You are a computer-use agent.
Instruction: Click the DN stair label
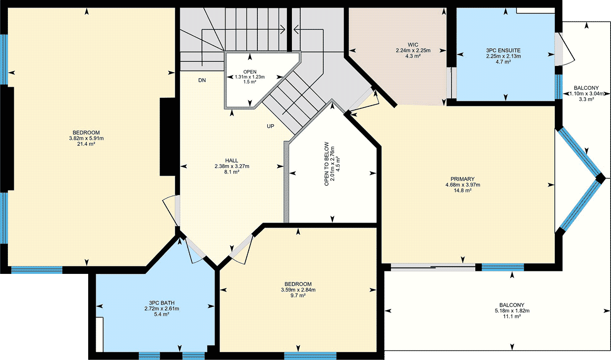[202, 80]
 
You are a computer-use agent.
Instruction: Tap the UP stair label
[270, 126]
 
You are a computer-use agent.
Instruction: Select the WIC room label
[413, 45]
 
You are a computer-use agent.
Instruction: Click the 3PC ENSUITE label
[503, 50]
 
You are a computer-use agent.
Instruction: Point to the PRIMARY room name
[463, 179]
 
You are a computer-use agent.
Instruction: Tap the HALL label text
[231, 160]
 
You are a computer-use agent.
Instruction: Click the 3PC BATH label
[162, 303]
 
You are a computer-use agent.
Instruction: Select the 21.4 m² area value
[86, 144]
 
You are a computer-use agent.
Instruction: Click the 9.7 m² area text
[298, 295]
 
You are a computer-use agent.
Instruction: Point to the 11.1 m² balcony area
[512, 316]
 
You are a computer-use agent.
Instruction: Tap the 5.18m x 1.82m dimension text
[512, 310]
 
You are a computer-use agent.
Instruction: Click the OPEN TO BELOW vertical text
[327, 164]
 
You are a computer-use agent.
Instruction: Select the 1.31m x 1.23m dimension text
[250, 77]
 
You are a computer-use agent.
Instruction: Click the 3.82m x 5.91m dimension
[86, 138]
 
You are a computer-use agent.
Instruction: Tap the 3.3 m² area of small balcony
[587, 100]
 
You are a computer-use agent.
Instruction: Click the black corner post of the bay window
[600, 179]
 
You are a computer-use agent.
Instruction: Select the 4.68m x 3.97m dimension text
[463, 185]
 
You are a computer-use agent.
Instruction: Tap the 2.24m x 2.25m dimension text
[413, 50]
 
